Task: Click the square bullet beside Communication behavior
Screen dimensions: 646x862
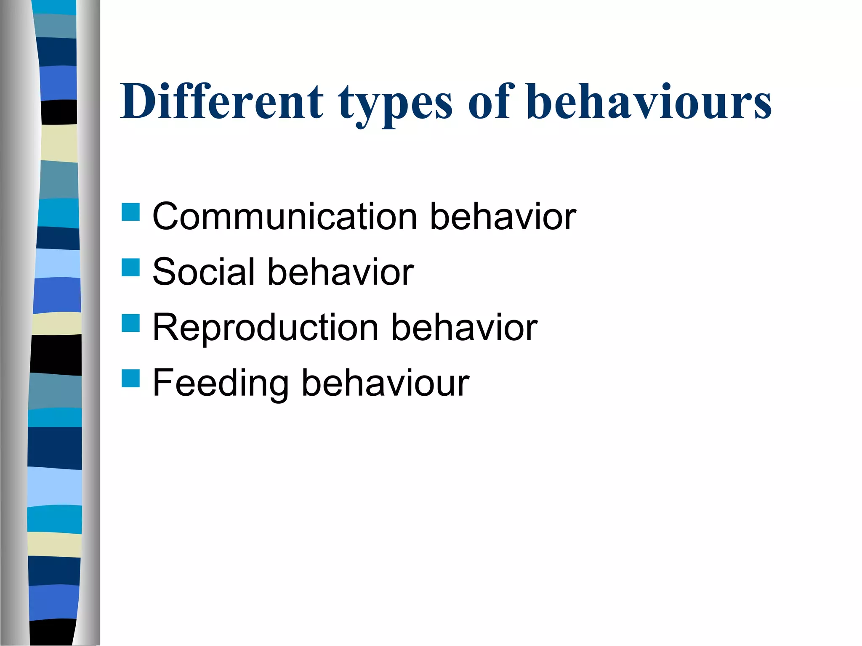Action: pyautogui.click(x=130, y=212)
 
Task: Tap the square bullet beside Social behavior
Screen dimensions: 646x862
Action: pyautogui.click(x=130, y=267)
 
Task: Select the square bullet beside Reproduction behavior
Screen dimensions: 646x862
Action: pyautogui.click(x=130, y=323)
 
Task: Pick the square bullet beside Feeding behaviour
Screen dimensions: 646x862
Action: pyautogui.click(x=130, y=378)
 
